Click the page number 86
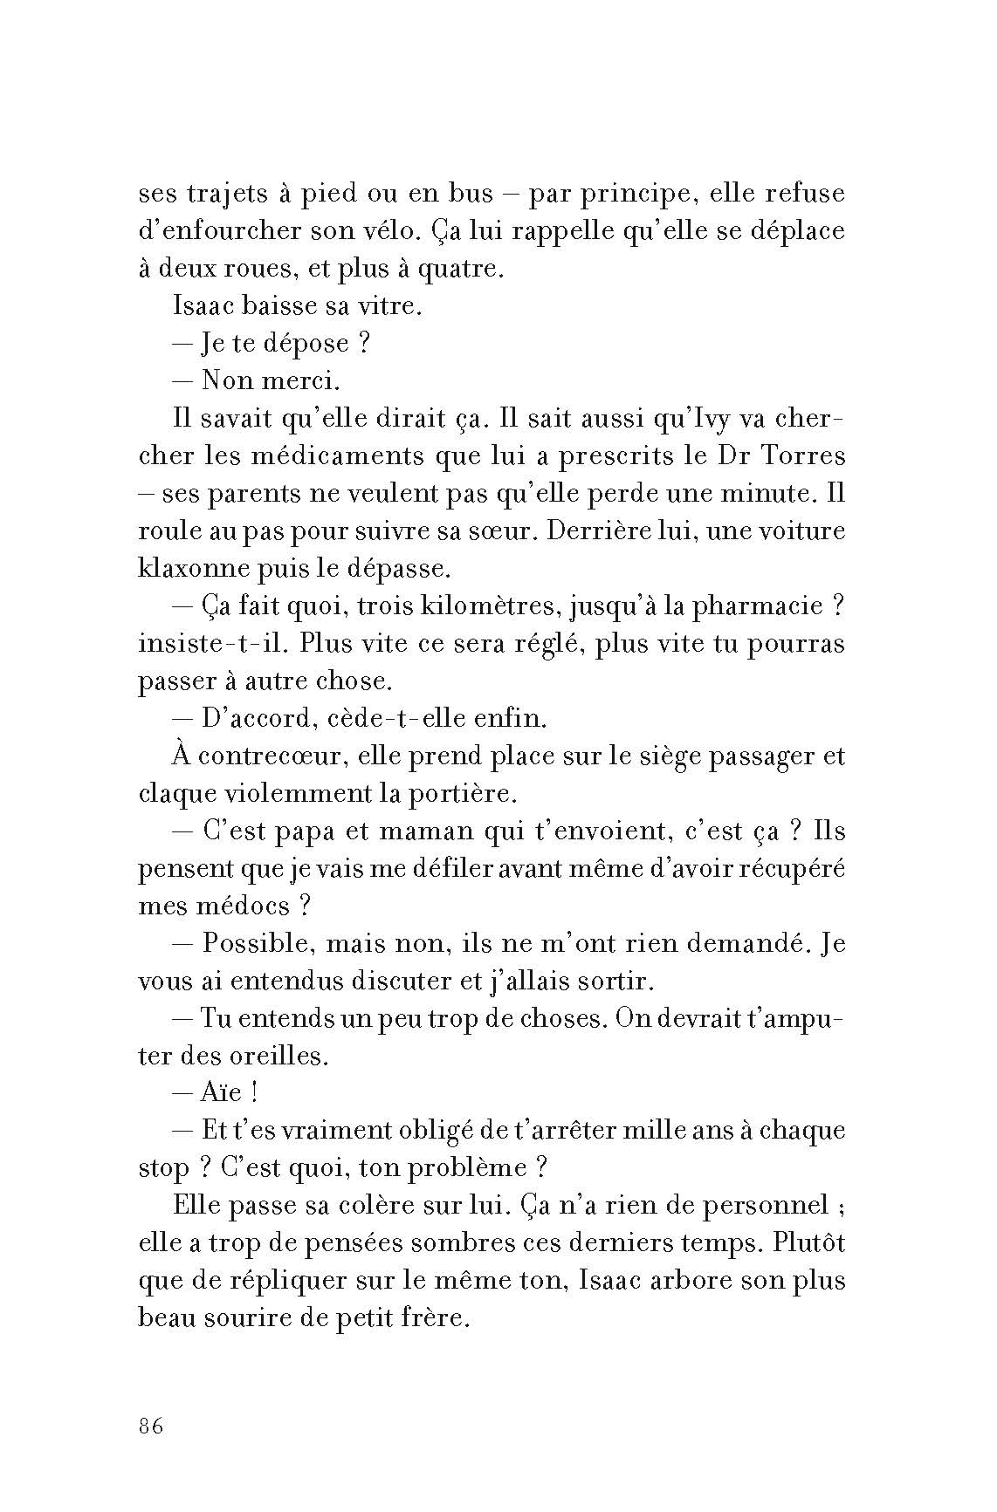[151, 1427]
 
